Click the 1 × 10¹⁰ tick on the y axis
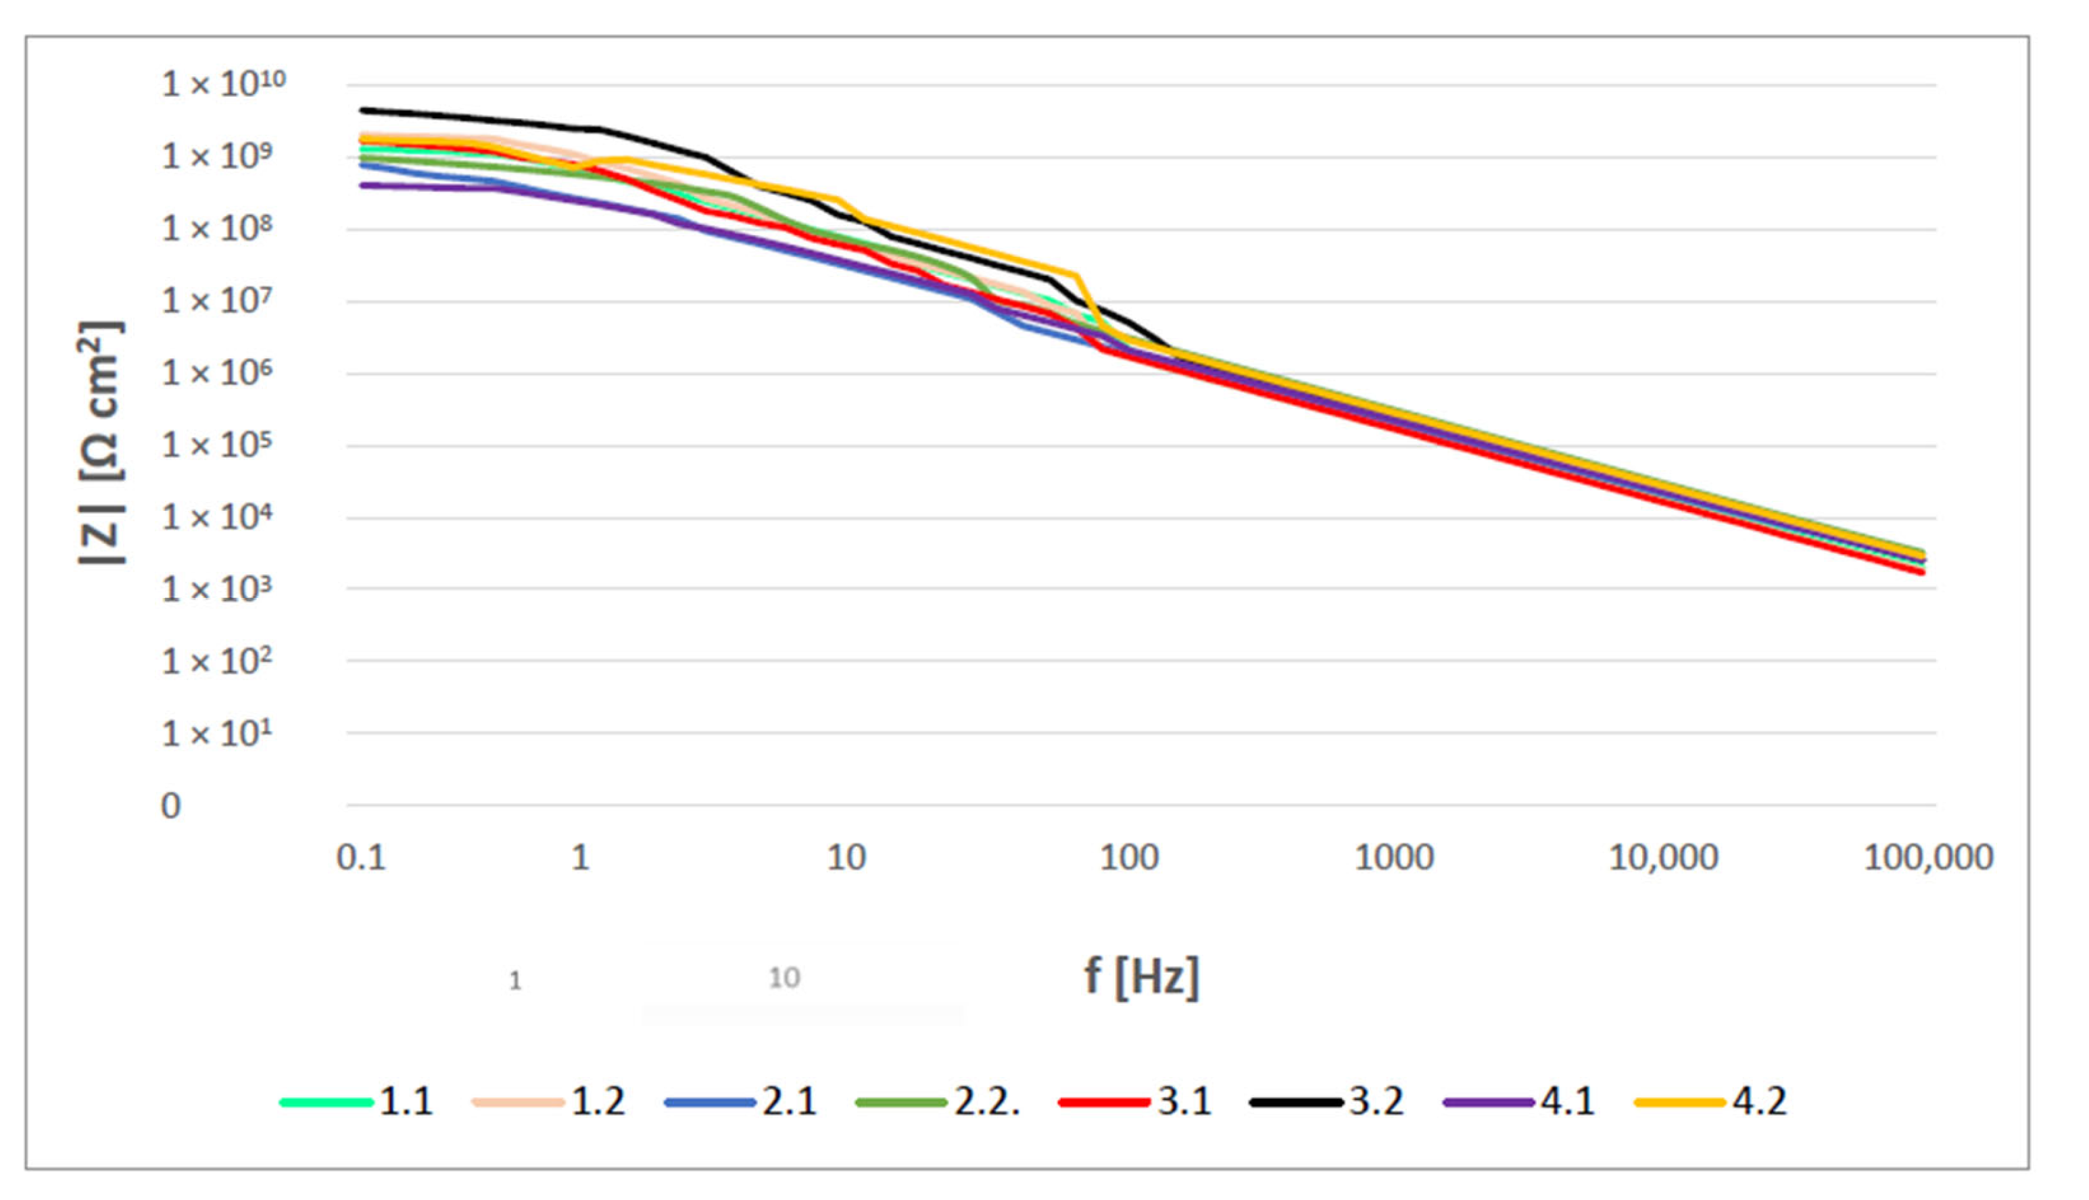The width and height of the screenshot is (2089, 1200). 222,84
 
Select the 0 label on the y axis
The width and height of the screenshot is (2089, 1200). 170,806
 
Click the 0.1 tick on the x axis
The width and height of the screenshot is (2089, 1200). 361,859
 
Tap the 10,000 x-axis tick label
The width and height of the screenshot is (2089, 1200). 1663,859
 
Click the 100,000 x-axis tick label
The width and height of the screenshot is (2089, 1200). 1928,859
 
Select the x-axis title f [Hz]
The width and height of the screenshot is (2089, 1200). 1141,978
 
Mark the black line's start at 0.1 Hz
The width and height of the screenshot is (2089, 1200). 363,109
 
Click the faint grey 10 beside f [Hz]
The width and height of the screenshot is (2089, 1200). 784,978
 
